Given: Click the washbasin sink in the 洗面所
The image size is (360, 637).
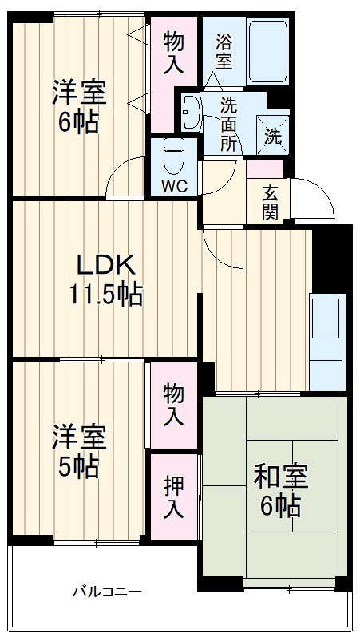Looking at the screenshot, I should pyautogui.click(x=192, y=112).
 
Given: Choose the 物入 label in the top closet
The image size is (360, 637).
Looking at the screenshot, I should pyautogui.click(x=173, y=53).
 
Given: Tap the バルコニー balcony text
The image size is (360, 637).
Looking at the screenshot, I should pyautogui.click(x=107, y=592).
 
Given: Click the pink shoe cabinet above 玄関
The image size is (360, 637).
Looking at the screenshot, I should pyautogui.click(x=264, y=169).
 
